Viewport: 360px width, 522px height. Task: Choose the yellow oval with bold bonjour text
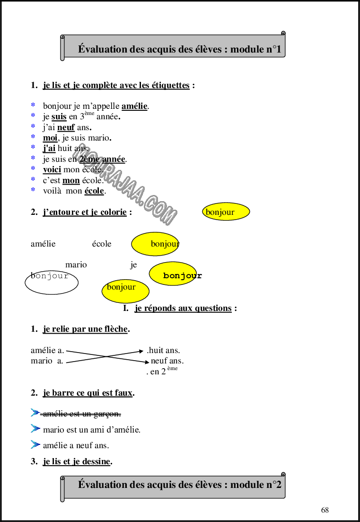(173, 274)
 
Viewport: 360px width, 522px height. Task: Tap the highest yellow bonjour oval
(226, 212)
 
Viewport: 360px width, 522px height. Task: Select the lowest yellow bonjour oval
(125, 291)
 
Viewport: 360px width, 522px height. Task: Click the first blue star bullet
(33, 104)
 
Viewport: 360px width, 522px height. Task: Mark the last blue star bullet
(33, 189)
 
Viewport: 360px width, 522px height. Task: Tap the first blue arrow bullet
(35, 412)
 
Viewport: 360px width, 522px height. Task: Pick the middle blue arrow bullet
(35, 428)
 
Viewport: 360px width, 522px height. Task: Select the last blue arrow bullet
(35, 444)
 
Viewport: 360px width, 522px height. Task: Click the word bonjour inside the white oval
(50, 276)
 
